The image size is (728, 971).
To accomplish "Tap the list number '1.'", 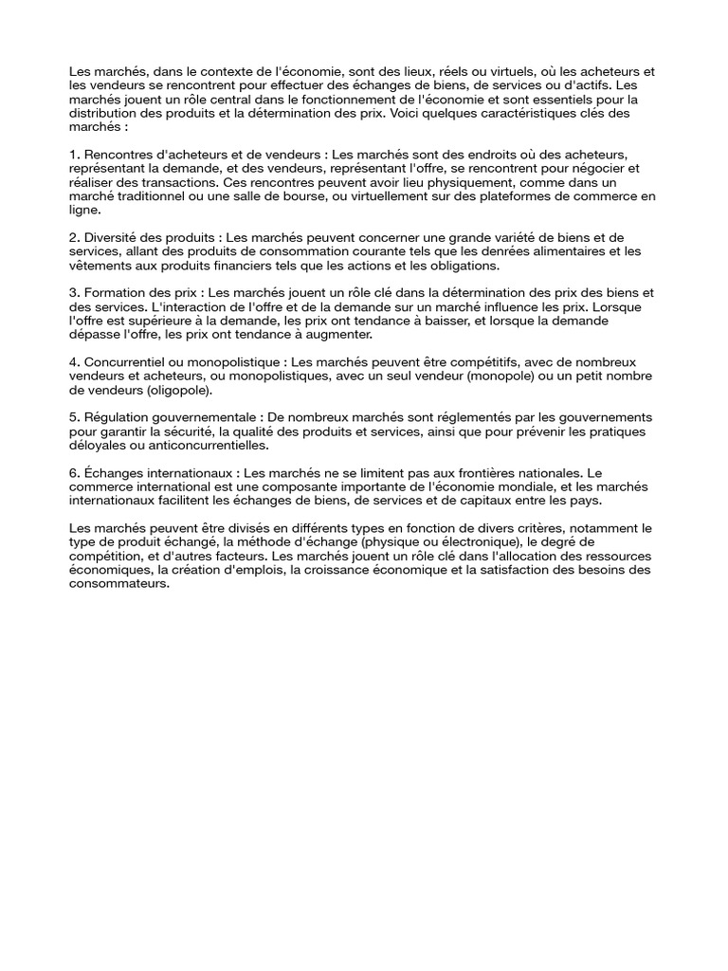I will click(75, 154).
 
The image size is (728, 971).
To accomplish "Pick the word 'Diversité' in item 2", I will click(112, 237).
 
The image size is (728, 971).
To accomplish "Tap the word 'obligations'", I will click(458, 266).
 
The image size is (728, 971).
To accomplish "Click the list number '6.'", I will click(75, 473).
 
